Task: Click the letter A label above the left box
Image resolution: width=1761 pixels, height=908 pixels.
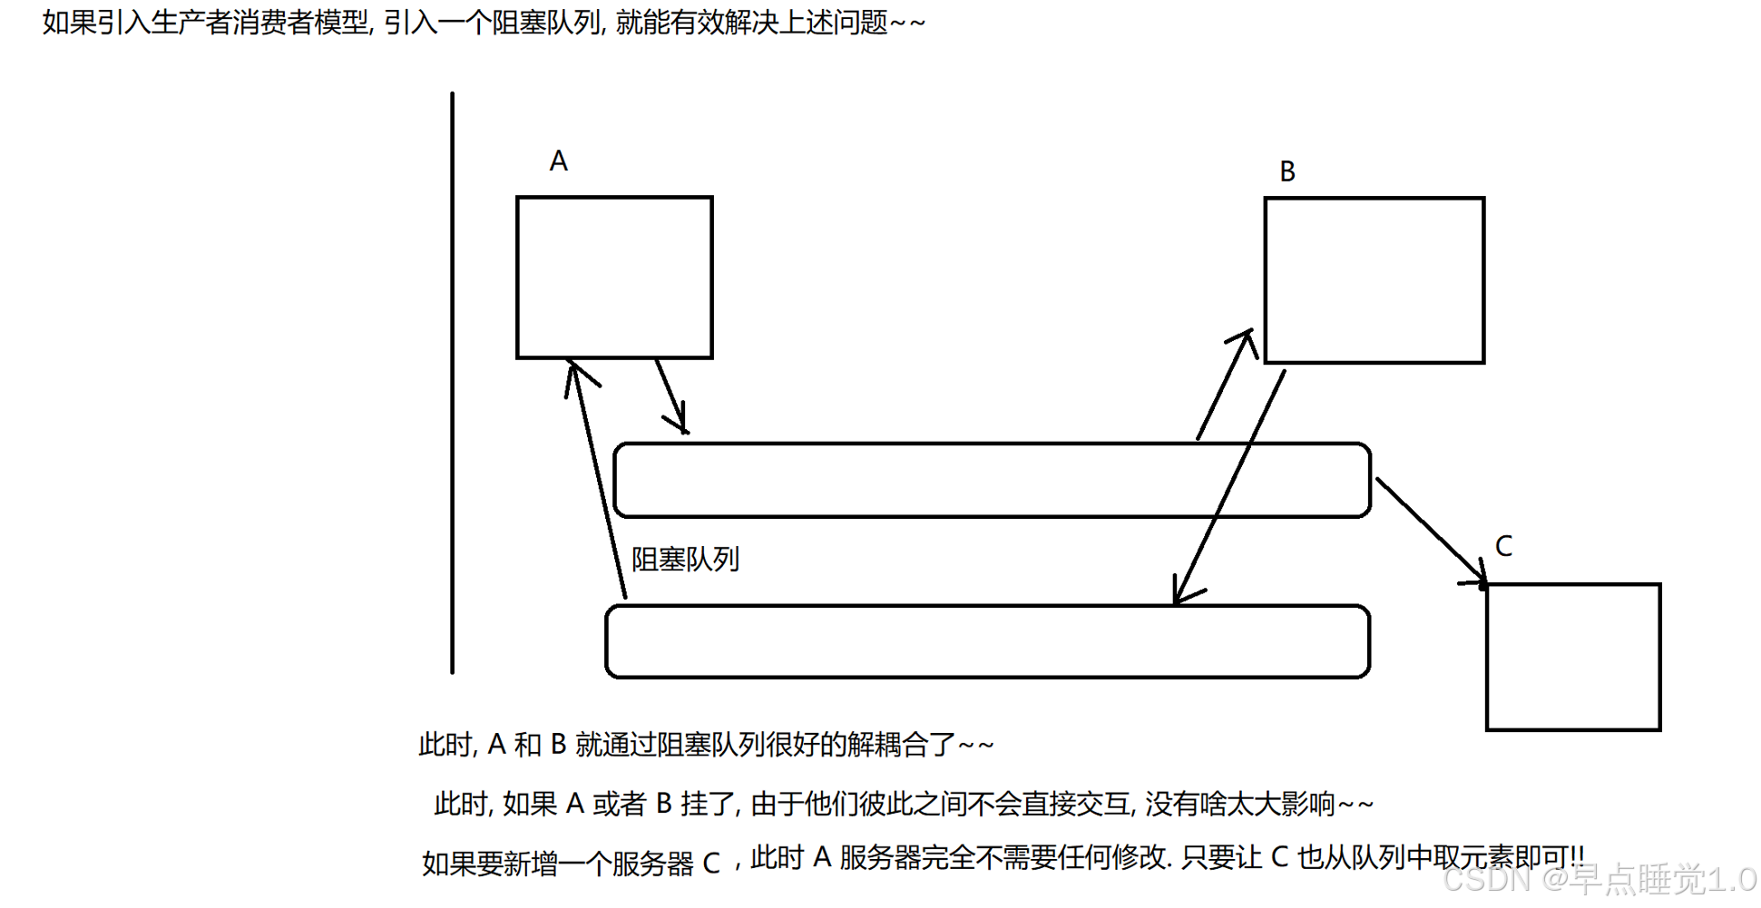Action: tap(558, 161)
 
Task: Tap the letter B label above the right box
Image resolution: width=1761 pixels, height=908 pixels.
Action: tap(1287, 171)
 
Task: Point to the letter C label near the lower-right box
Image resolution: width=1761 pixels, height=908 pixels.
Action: tap(1503, 546)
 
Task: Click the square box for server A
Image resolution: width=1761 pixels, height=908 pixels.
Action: tap(614, 278)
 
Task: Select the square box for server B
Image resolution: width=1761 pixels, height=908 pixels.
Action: tap(1374, 280)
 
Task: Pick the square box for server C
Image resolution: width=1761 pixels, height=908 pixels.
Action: tap(1573, 657)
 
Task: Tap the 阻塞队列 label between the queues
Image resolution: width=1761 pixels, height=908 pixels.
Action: tap(685, 560)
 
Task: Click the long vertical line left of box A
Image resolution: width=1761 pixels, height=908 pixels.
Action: tap(452, 381)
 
